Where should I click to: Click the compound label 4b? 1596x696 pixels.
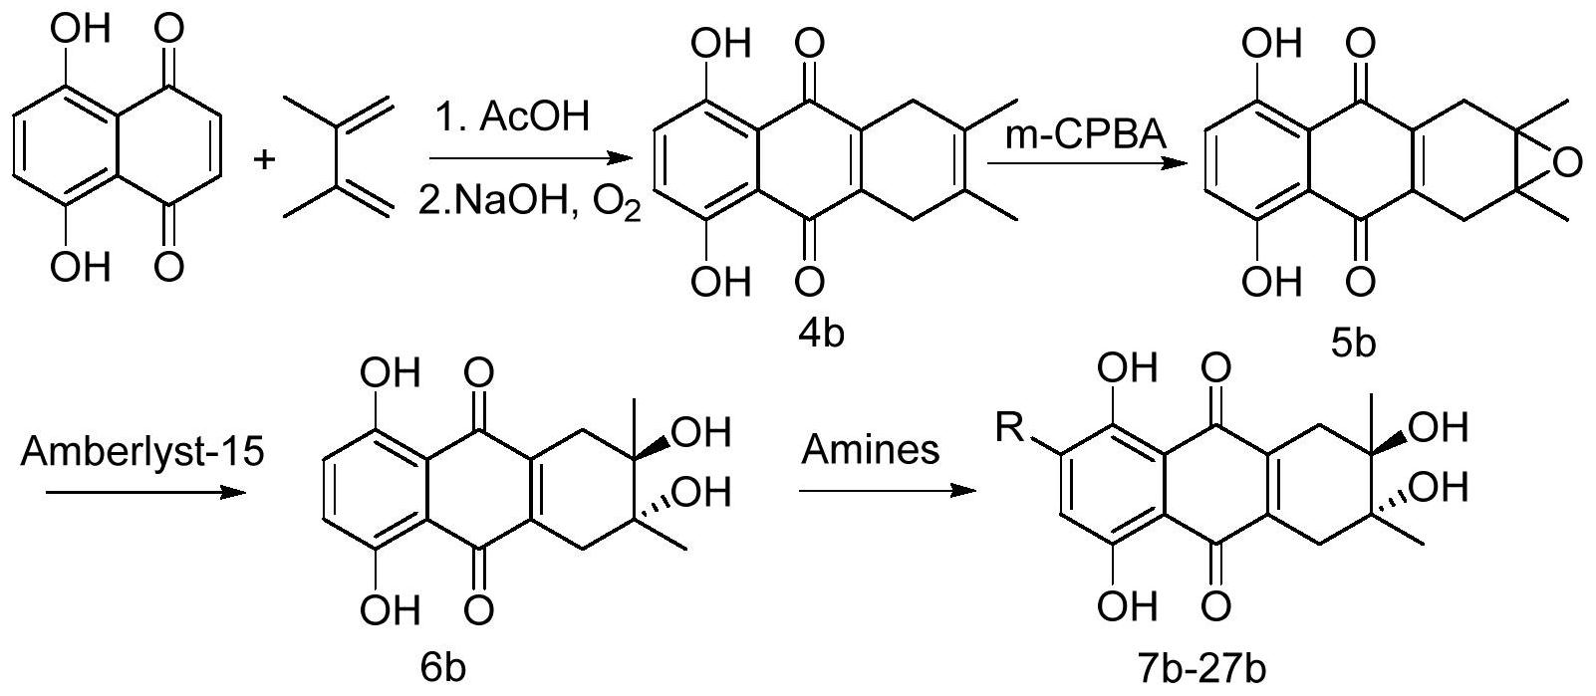[821, 333]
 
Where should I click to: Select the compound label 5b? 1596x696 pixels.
[1352, 345]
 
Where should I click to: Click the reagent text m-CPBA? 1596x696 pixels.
[1085, 134]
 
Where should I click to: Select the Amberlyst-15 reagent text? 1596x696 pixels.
[142, 451]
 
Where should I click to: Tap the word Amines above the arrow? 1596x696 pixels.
[870, 449]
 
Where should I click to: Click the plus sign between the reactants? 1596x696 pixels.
[264, 159]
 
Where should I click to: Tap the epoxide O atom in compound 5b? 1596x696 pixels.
[1567, 162]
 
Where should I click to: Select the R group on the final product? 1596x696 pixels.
[1009, 428]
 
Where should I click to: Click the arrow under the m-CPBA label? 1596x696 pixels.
[1088, 163]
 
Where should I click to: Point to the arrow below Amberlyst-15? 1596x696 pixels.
[145, 492]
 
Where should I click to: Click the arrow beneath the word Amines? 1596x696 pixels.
[887, 490]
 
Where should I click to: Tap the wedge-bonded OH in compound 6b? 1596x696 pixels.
[702, 432]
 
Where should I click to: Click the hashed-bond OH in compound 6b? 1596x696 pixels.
[702, 492]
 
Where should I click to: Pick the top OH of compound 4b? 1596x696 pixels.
[721, 44]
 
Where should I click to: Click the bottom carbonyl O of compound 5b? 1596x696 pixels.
[1360, 282]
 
